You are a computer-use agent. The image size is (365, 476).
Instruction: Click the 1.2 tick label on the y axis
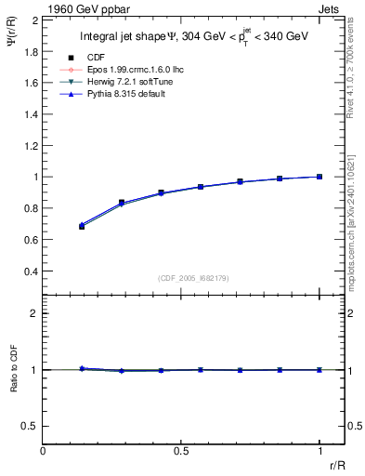tap(29, 145)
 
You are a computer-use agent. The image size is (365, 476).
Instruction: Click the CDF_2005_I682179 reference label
tap(193, 278)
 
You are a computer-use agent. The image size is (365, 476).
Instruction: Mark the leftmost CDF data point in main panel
tap(82, 226)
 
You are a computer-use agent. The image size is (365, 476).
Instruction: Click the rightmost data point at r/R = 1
tap(319, 177)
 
